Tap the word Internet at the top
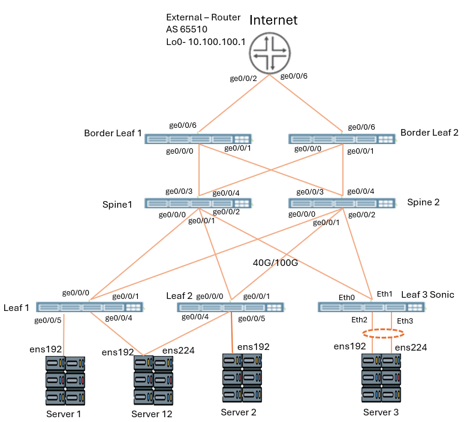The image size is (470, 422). (273, 20)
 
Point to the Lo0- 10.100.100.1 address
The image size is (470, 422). (201, 42)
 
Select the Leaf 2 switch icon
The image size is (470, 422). (231, 307)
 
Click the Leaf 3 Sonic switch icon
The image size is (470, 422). (372, 307)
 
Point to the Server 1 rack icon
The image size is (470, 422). (65, 381)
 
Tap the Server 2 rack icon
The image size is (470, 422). (242, 378)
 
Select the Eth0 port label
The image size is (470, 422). (347, 297)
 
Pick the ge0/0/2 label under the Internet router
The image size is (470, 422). (243, 78)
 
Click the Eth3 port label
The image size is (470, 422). (405, 321)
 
